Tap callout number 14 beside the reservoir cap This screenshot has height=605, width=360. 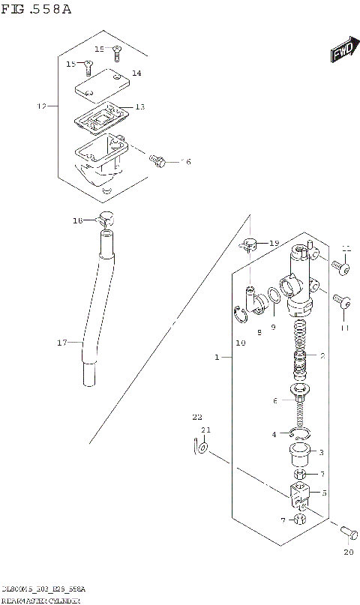pos(136,73)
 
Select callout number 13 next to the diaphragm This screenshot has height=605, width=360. pos(139,107)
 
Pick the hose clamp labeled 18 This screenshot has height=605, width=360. pos(105,220)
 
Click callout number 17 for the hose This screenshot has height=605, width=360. pos(62,343)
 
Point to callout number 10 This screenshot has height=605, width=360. pos(240,343)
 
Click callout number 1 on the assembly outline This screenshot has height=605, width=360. pos(217,358)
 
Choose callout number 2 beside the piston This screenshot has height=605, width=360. pos(322,356)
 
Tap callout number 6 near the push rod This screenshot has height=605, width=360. pos(275,402)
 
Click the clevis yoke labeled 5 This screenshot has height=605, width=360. pos(298,494)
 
